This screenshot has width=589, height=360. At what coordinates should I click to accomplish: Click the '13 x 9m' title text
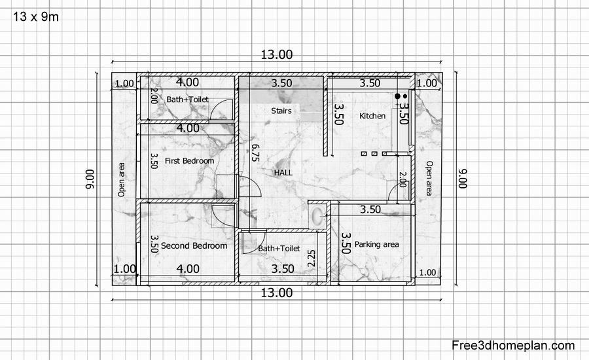tap(36, 17)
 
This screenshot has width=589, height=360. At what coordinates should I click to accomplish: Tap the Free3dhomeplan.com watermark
tap(513, 345)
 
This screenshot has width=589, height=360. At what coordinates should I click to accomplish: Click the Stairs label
tap(281, 111)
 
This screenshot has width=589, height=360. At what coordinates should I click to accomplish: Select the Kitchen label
tap(372, 116)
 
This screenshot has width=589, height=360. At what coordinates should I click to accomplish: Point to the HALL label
tap(283, 173)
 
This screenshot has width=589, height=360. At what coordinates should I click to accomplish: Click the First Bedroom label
tap(189, 161)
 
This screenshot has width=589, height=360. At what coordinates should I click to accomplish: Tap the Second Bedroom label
tap(194, 245)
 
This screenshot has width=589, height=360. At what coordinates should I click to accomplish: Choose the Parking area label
tap(377, 244)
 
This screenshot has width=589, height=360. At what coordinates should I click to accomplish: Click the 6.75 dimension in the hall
tap(255, 153)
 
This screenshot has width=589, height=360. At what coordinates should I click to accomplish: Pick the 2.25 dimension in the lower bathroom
tap(312, 259)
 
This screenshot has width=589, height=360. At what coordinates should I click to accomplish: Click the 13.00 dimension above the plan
tap(277, 54)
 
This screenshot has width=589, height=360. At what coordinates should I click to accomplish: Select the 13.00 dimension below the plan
tap(277, 293)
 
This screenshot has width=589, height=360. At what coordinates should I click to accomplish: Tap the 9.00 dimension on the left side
tap(90, 179)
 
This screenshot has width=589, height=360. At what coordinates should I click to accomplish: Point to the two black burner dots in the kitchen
tap(401, 96)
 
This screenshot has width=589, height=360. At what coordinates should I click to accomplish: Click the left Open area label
tap(121, 179)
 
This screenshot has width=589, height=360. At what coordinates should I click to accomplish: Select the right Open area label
tap(429, 178)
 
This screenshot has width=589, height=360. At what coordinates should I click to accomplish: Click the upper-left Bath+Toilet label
tap(187, 99)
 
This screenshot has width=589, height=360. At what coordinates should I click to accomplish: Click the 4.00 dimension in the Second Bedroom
tap(188, 268)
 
